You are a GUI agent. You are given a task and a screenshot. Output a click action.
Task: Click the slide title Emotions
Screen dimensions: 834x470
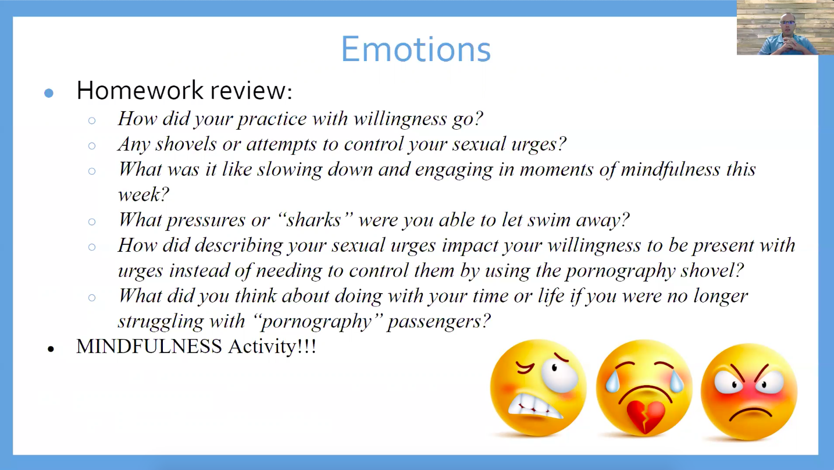(416, 49)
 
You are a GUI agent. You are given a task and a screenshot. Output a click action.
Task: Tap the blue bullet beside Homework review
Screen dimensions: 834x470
(49, 92)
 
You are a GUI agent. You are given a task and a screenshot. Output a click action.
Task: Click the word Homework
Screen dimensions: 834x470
(140, 91)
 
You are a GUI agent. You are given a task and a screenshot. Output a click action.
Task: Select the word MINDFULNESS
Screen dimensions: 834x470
(149, 346)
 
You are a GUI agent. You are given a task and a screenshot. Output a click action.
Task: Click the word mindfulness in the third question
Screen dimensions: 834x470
(670, 169)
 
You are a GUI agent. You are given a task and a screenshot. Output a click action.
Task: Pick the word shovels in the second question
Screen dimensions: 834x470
(186, 144)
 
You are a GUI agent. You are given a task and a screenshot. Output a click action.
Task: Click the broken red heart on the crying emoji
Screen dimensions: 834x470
(646, 416)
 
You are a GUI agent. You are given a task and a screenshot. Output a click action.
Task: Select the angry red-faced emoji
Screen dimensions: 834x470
(749, 391)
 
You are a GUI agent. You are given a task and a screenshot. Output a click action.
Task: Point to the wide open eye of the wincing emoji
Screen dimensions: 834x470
(559, 374)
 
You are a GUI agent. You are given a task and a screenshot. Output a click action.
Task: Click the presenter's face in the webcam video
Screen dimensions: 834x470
(787, 24)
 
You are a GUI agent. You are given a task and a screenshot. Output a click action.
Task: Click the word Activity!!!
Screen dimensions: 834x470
(272, 346)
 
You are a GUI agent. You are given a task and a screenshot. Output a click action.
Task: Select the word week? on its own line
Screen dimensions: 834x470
(143, 194)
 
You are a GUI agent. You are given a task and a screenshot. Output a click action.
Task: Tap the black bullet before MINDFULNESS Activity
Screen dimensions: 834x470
(51, 349)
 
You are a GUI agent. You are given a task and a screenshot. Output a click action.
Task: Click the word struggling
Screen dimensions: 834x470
(161, 322)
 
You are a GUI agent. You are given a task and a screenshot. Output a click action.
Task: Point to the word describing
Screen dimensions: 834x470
(238, 246)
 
